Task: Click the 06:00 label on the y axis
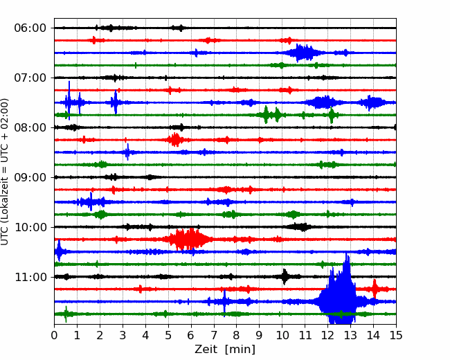(30, 28)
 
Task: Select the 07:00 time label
(30, 78)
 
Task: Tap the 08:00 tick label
(30, 127)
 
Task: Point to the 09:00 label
(30, 177)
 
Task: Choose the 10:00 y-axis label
(30, 227)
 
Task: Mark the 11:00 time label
(30, 277)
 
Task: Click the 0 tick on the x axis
(54, 335)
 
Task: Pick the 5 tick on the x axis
(168, 335)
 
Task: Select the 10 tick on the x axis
(282, 335)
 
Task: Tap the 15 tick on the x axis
(396, 335)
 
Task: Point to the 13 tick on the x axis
(350, 335)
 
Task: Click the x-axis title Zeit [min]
(225, 349)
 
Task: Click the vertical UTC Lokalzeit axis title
(5, 172)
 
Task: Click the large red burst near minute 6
(188, 239)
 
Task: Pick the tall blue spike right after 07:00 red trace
(69, 100)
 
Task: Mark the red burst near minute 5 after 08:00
(175, 140)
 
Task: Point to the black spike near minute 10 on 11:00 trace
(285, 276)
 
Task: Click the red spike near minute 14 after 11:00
(375, 289)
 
